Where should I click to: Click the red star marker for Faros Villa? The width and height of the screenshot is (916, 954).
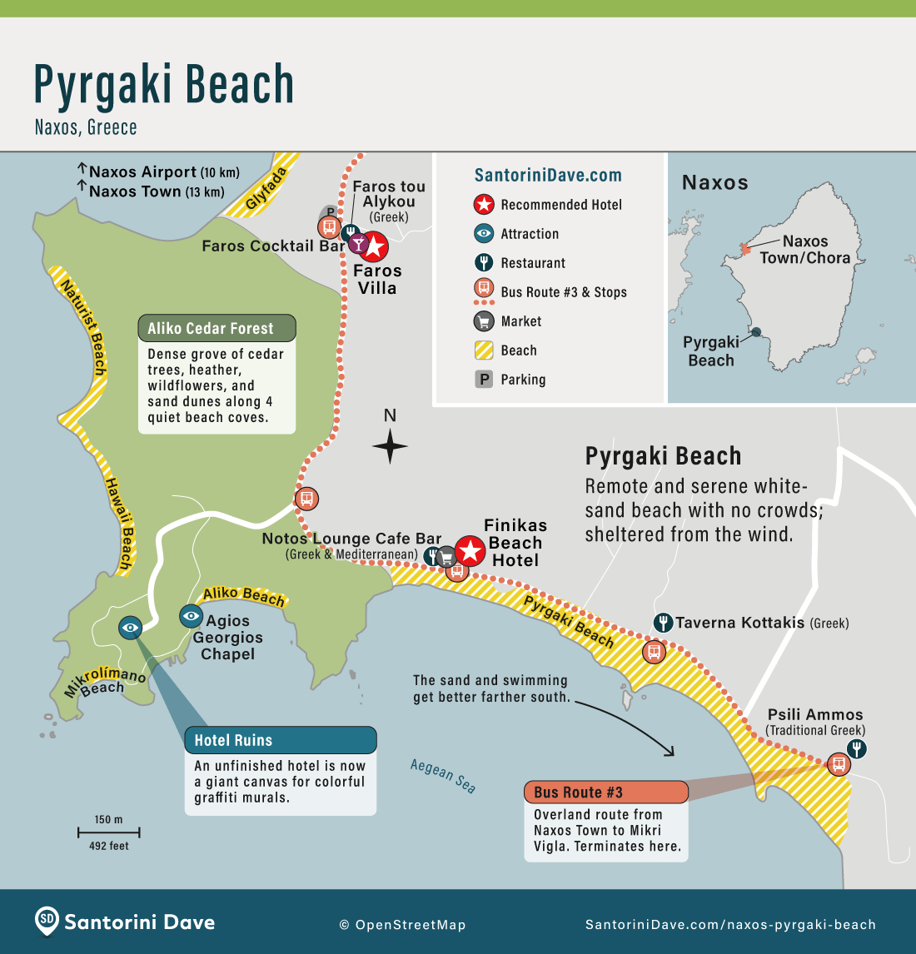(x=374, y=246)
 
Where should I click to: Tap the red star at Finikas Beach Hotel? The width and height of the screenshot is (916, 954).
(x=470, y=550)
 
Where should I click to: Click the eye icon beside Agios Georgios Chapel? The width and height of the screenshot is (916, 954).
(x=192, y=616)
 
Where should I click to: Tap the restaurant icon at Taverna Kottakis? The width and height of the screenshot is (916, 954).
(x=663, y=622)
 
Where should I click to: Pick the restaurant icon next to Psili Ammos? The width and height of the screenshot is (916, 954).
(x=856, y=748)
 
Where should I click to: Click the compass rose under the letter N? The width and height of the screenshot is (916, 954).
(x=390, y=445)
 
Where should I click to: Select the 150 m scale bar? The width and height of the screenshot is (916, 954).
(x=108, y=832)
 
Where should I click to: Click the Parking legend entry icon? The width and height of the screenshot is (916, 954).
(x=484, y=380)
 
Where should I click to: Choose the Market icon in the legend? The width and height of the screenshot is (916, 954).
(x=484, y=321)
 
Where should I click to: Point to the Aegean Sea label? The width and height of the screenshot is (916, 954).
(x=443, y=776)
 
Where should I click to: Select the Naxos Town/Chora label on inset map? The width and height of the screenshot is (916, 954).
(x=804, y=249)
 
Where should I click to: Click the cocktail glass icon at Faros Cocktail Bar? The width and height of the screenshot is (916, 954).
(x=357, y=244)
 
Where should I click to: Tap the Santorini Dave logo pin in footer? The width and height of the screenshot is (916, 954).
(x=47, y=921)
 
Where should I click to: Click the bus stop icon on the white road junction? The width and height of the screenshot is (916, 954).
(x=306, y=499)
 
